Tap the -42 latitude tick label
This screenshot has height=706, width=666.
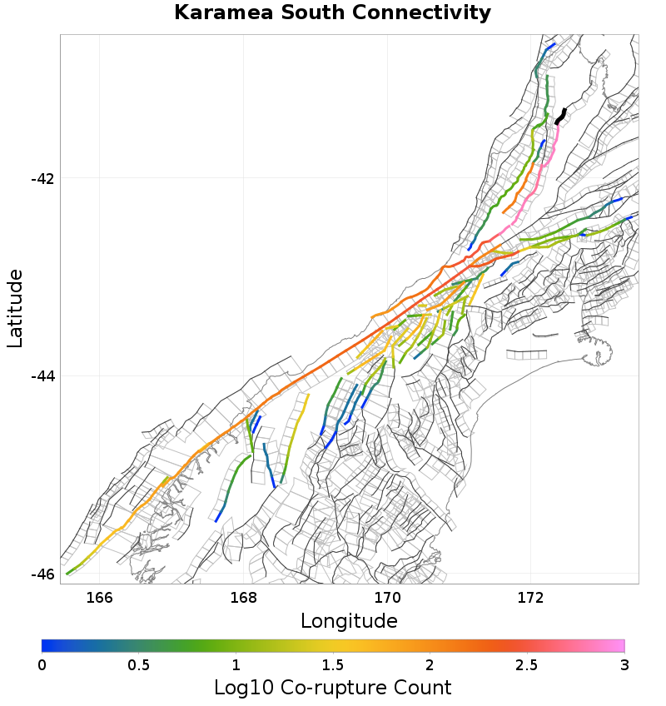tap(42, 178)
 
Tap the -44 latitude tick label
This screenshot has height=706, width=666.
tap(42, 376)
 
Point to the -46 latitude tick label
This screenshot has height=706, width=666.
tap(42, 574)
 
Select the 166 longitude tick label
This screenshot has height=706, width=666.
tap(99, 597)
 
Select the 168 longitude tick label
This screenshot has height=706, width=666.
tap(243, 597)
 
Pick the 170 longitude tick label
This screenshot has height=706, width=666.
tap(387, 597)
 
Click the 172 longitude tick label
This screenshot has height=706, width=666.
tap(531, 597)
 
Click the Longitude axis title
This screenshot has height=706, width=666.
tap(349, 621)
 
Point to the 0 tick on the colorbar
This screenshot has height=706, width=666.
tap(42, 665)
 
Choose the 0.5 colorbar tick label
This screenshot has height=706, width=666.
tap(139, 665)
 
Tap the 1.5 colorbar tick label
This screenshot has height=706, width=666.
tap(333, 665)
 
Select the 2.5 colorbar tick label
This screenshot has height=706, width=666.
tap(527, 665)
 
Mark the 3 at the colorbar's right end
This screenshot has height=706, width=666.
tap(624, 665)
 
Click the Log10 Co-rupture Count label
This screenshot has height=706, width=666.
tap(333, 688)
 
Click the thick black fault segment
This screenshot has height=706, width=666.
tap(561, 116)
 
